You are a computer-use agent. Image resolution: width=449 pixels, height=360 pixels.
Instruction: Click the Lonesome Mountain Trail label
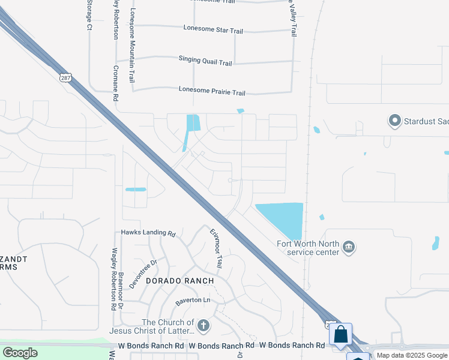coord(132,46)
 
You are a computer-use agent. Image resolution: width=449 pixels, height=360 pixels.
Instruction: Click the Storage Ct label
coord(89,15)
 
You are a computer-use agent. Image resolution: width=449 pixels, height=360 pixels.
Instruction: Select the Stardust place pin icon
coord(394,121)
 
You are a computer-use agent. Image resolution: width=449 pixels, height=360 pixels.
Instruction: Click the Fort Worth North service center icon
coord(349,247)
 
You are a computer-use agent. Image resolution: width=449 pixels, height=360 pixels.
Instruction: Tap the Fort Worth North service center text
coord(308,248)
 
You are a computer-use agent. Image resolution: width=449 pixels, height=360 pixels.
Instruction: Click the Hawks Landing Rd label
coord(148,233)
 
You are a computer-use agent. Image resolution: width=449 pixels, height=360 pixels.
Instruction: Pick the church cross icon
coord(203,326)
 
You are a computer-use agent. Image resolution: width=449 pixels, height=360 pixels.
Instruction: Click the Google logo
coord(20,352)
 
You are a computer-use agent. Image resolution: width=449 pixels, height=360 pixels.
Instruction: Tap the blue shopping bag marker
coord(340,334)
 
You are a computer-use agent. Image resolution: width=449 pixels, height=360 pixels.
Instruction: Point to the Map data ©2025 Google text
coord(412,355)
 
